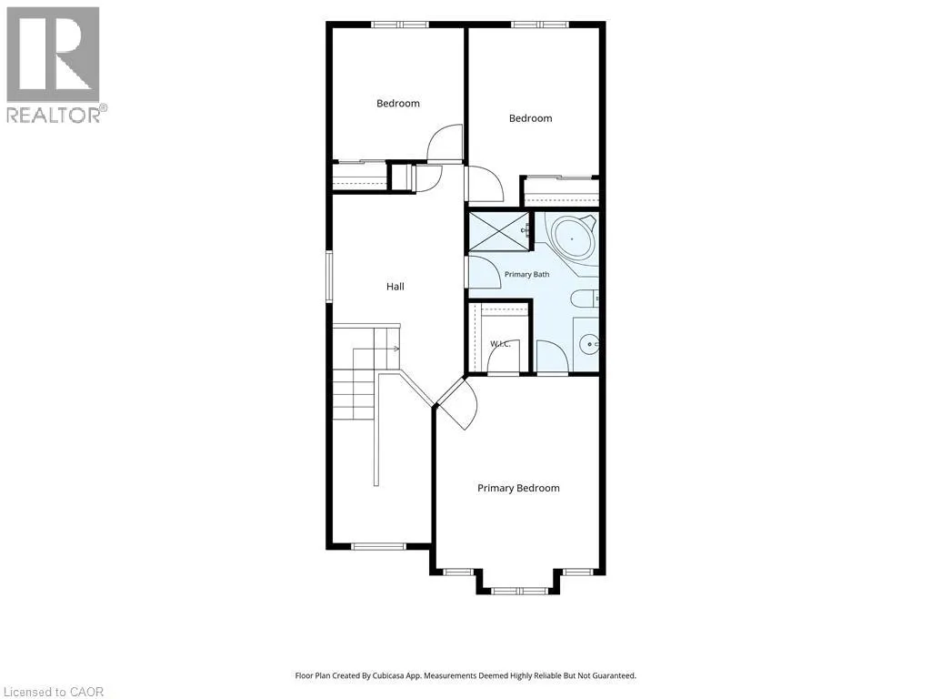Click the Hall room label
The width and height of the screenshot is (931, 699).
click(395, 287)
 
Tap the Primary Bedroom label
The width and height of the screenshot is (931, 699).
click(518, 488)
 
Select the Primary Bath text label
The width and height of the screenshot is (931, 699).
click(526, 274)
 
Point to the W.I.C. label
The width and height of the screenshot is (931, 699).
click(500, 343)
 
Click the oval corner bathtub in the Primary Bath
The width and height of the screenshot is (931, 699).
click(573, 238)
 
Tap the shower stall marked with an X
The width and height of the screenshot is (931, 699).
click(499, 231)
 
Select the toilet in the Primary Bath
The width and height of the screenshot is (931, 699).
click(585, 298)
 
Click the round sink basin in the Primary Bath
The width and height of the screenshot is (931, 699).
click(589, 344)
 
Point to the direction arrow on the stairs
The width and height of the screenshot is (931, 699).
click(393, 349)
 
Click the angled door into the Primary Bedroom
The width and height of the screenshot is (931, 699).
click(457, 403)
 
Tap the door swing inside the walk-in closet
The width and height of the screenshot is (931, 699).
click(504, 357)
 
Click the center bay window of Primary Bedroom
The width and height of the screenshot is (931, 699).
click(520, 591)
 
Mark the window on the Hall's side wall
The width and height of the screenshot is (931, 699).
click(329, 277)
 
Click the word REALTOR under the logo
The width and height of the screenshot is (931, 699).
click(54, 115)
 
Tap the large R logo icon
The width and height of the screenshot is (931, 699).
click(53, 54)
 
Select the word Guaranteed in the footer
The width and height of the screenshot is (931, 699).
click(616, 675)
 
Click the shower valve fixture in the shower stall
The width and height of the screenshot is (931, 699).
click(525, 230)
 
